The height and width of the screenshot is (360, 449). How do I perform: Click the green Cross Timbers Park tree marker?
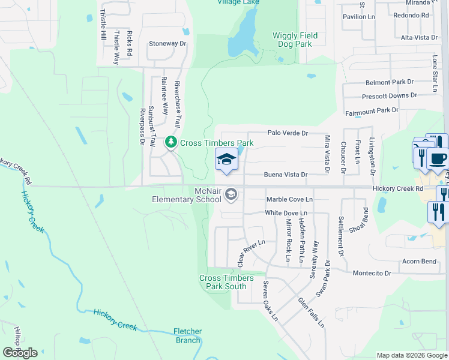(172, 142)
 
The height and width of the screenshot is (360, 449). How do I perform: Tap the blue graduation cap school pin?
(226, 160)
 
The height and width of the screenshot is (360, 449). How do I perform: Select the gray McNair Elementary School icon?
(232, 194)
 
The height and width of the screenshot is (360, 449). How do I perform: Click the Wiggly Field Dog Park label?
(295, 40)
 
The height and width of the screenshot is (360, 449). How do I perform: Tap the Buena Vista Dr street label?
(286, 175)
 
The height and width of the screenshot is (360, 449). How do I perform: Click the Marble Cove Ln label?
(289, 199)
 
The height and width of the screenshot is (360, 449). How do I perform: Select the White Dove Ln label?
(286, 213)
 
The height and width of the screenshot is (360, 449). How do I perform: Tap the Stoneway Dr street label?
(167, 44)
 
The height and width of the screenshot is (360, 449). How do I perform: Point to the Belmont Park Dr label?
(390, 82)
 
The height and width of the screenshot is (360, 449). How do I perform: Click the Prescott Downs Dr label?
(389, 96)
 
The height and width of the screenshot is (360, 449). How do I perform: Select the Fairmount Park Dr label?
(372, 111)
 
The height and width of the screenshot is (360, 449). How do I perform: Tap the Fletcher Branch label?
(187, 336)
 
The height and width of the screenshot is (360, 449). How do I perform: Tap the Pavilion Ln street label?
(358, 16)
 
